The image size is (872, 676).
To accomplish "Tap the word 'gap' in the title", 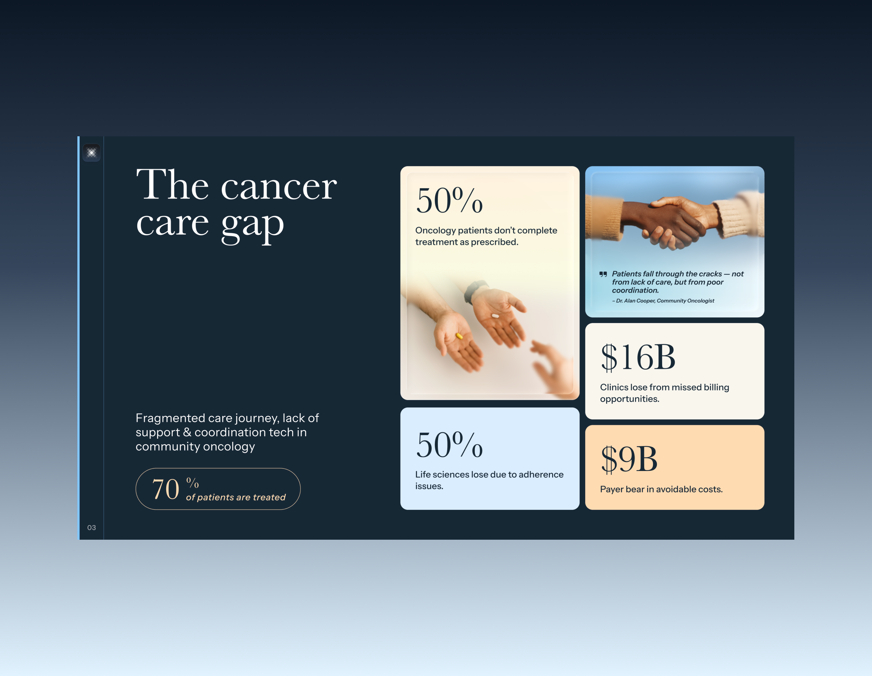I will (x=252, y=224).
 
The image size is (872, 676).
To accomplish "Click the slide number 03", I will (x=92, y=527).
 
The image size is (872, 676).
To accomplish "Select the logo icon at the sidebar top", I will (x=92, y=153).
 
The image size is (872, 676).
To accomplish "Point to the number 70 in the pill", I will (x=166, y=490).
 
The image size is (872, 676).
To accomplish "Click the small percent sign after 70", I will (x=192, y=483).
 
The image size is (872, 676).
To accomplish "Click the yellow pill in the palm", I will (x=459, y=336).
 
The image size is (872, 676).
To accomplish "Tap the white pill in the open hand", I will (x=495, y=316).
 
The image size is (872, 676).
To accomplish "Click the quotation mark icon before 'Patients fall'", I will (x=603, y=274).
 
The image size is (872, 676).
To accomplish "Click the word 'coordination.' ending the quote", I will (x=635, y=290).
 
